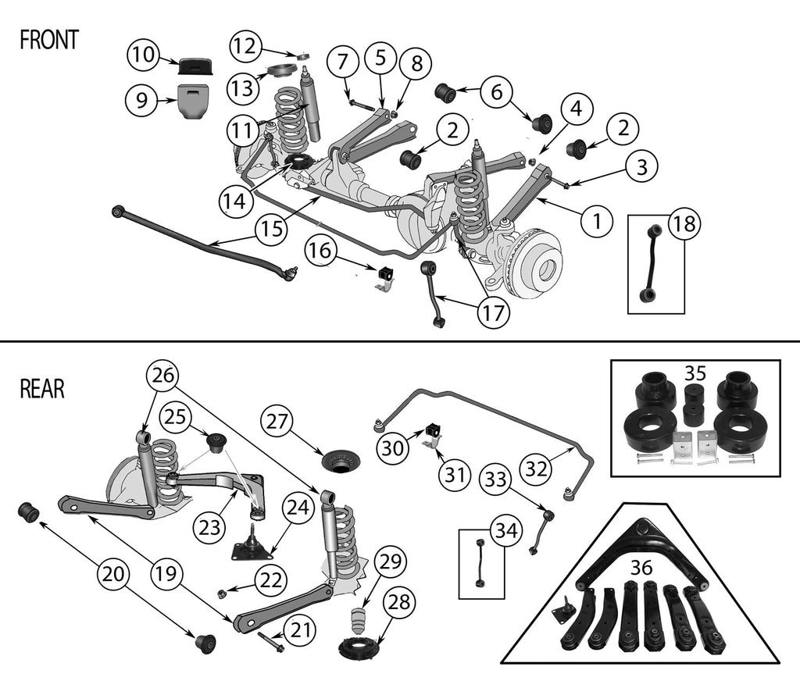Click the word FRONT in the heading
48,41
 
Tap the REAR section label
42,389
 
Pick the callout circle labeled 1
598,221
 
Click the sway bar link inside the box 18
650,262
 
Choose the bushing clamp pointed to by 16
384,276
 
